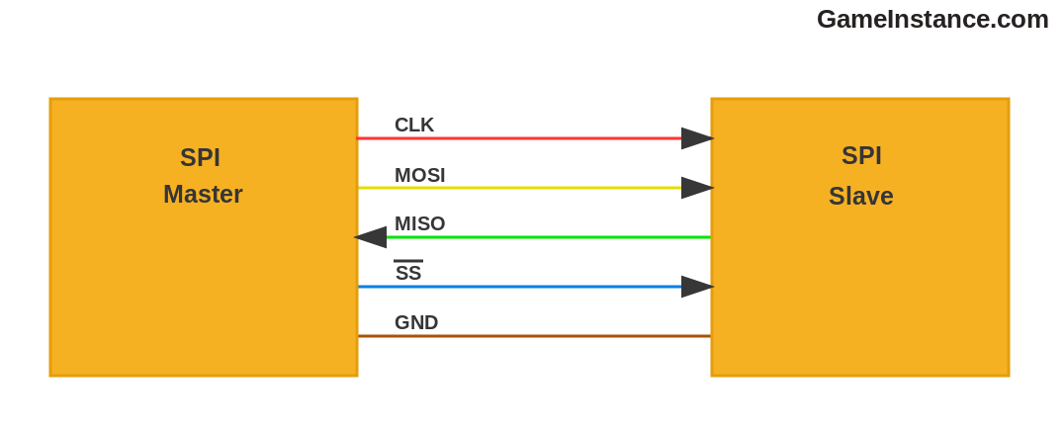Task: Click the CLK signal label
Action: pyautogui.click(x=413, y=125)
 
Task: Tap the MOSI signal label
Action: pyautogui.click(x=419, y=175)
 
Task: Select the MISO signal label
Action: pyautogui.click(x=419, y=224)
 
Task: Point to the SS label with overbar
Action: pyautogui.click(x=408, y=273)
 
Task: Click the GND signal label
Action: pyautogui.click(x=415, y=322)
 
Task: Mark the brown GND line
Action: pyautogui.click(x=534, y=336)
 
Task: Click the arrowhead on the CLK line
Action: pyautogui.click(x=696, y=138)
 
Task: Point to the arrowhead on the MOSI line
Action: pyautogui.click(x=696, y=188)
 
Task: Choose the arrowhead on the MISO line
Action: pyautogui.click(x=371, y=237)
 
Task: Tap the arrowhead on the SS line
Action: pyautogui.click(x=696, y=287)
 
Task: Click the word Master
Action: pyautogui.click(x=203, y=195)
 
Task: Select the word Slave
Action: pyautogui.click(x=860, y=197)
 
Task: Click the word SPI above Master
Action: pyautogui.click(x=200, y=158)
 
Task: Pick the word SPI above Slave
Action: pyautogui.click(x=861, y=156)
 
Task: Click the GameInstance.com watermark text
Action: pyautogui.click(x=932, y=19)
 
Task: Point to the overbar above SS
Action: pyautogui.click(x=408, y=261)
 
